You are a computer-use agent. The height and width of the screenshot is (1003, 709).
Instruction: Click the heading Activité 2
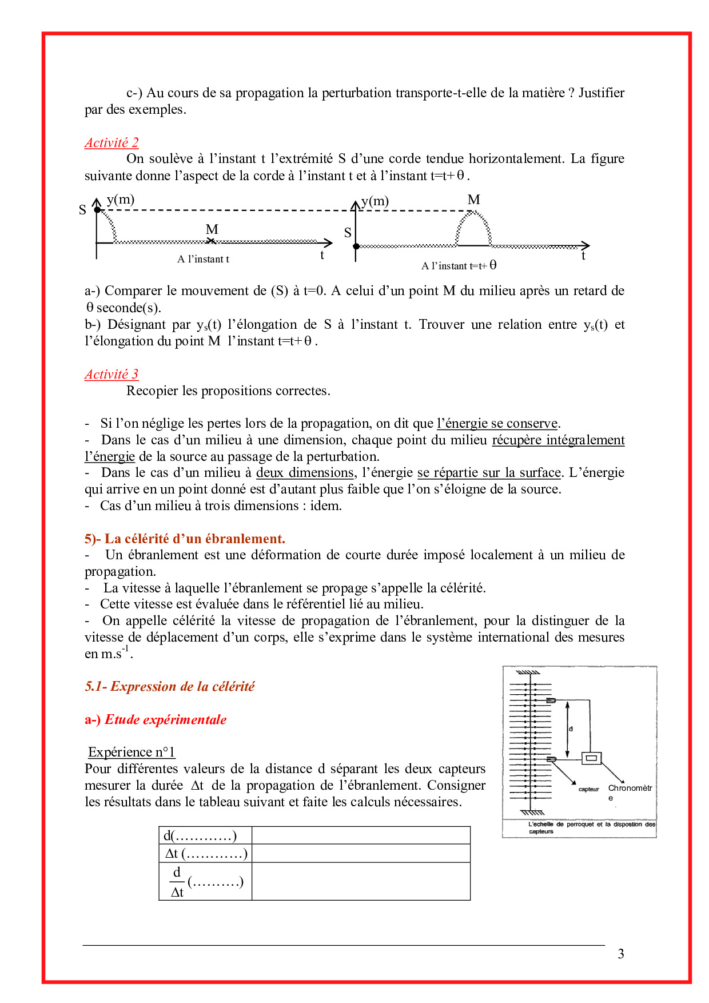click(x=111, y=143)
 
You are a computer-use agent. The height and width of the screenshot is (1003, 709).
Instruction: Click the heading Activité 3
click(x=111, y=375)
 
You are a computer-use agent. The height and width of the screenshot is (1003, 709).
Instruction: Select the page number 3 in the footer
click(x=621, y=954)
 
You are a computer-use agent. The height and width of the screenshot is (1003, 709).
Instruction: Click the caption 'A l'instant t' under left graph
click(x=203, y=259)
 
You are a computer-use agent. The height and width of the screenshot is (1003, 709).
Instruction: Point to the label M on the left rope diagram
click(x=212, y=230)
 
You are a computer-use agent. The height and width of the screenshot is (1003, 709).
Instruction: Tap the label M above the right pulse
click(x=473, y=200)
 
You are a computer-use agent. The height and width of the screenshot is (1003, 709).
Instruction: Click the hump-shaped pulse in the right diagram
click(x=473, y=228)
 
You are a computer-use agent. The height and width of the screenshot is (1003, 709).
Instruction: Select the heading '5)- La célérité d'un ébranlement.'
click(x=185, y=539)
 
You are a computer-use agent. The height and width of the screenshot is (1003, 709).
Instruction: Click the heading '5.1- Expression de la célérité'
click(x=170, y=686)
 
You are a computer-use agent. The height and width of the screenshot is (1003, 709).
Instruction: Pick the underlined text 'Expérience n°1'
click(x=132, y=752)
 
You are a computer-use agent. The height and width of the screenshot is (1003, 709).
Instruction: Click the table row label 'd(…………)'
click(x=200, y=836)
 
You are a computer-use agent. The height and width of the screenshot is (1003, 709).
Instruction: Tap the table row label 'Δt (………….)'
click(x=206, y=854)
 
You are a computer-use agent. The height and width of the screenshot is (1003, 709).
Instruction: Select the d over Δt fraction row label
click(x=206, y=882)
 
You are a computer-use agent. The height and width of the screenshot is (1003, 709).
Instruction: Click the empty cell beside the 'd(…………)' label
click(x=361, y=836)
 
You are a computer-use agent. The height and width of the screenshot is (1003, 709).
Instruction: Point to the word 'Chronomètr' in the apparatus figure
click(x=630, y=788)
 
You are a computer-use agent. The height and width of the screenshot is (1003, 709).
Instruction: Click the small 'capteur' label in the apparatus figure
click(x=588, y=789)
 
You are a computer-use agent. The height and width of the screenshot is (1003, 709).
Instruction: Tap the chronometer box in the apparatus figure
click(x=591, y=758)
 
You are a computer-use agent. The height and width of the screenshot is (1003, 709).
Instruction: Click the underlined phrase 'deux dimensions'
click(x=305, y=473)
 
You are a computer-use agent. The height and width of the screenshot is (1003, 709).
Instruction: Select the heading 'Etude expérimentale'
click(x=166, y=719)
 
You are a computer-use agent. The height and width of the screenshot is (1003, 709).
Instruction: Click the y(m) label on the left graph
click(x=121, y=200)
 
